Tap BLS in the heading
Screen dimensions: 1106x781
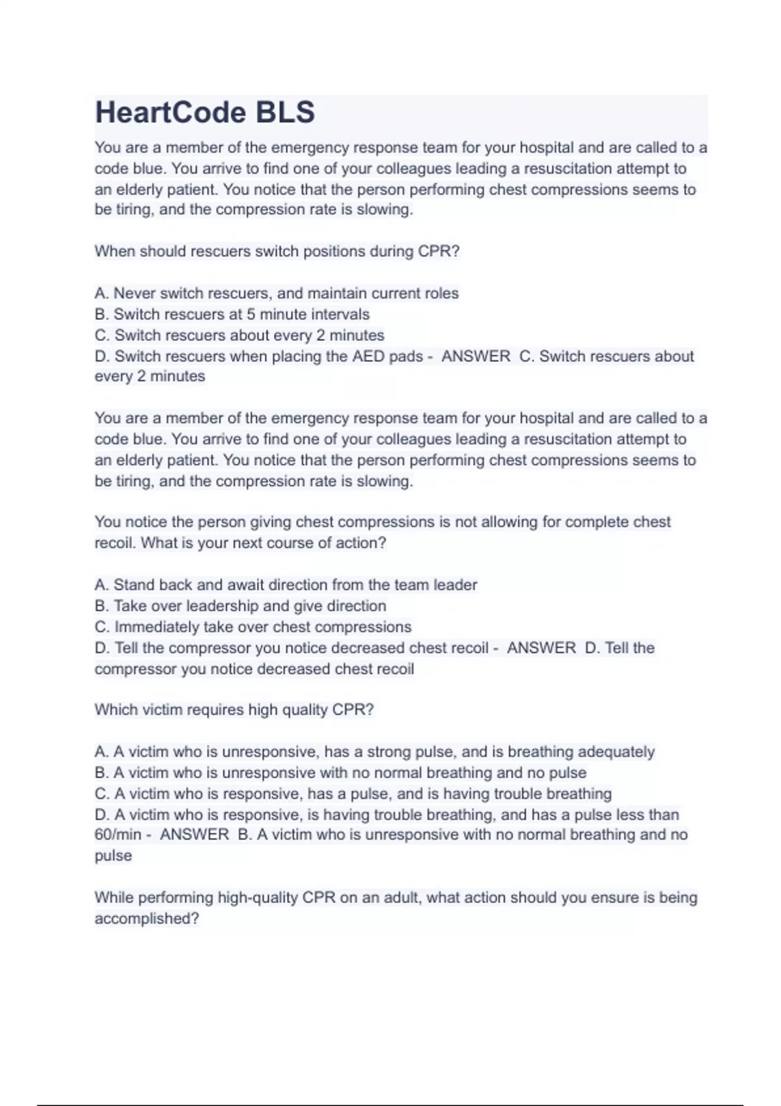[285, 113]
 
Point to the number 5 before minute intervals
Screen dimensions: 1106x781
[251, 314]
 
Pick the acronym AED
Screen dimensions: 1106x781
[368, 357]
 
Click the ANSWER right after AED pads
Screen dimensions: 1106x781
[476, 357]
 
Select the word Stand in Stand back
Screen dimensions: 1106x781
[134, 585]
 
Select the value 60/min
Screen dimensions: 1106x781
[118, 835]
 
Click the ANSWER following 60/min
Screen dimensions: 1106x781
[195, 835]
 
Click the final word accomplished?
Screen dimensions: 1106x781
[146, 919]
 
